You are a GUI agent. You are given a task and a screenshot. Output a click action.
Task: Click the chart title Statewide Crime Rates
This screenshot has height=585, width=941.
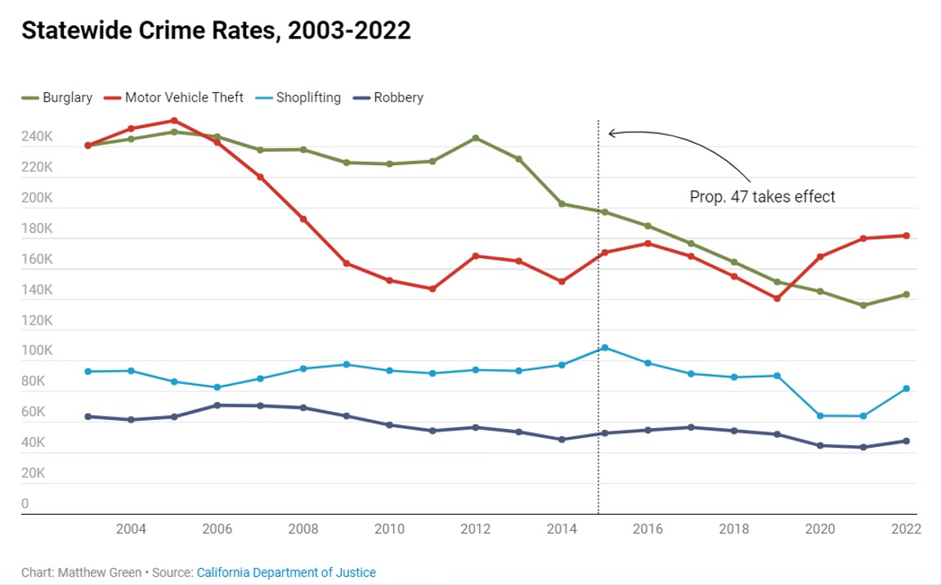point(216,31)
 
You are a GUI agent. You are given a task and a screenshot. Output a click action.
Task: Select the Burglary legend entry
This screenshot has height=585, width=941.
point(56,97)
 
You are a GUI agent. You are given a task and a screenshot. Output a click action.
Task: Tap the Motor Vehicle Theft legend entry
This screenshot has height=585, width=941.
point(174,97)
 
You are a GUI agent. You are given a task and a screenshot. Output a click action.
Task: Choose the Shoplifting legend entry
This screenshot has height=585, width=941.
point(299,97)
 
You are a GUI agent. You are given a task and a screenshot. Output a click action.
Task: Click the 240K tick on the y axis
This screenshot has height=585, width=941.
point(37,137)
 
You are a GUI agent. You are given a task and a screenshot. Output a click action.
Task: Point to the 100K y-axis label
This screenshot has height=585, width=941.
point(37,351)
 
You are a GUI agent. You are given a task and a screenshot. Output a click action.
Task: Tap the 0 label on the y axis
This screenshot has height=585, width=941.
point(25,504)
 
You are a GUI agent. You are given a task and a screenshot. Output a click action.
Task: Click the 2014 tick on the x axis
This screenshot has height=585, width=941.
point(562,529)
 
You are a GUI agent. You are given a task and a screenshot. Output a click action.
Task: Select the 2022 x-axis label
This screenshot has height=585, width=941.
point(905,529)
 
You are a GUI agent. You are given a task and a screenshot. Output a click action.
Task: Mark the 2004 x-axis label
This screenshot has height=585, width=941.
point(132,529)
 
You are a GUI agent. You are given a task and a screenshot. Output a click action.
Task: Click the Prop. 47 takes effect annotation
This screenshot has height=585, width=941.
point(762,197)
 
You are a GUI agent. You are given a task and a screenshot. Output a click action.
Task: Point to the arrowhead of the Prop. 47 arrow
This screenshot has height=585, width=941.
point(610,132)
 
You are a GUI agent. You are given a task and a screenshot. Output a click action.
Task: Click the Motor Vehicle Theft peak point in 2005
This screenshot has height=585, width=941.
point(174,121)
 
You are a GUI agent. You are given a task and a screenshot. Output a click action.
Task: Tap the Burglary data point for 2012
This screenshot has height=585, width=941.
point(476,138)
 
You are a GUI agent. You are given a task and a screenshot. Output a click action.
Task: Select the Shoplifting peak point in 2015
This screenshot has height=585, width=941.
point(605,348)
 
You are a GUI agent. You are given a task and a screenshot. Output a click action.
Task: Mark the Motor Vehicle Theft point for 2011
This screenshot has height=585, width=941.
point(432,288)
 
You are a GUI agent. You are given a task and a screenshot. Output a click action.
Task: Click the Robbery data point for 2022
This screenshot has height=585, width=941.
point(906,441)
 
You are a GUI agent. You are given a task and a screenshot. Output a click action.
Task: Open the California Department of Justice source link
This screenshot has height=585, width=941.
point(286,573)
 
